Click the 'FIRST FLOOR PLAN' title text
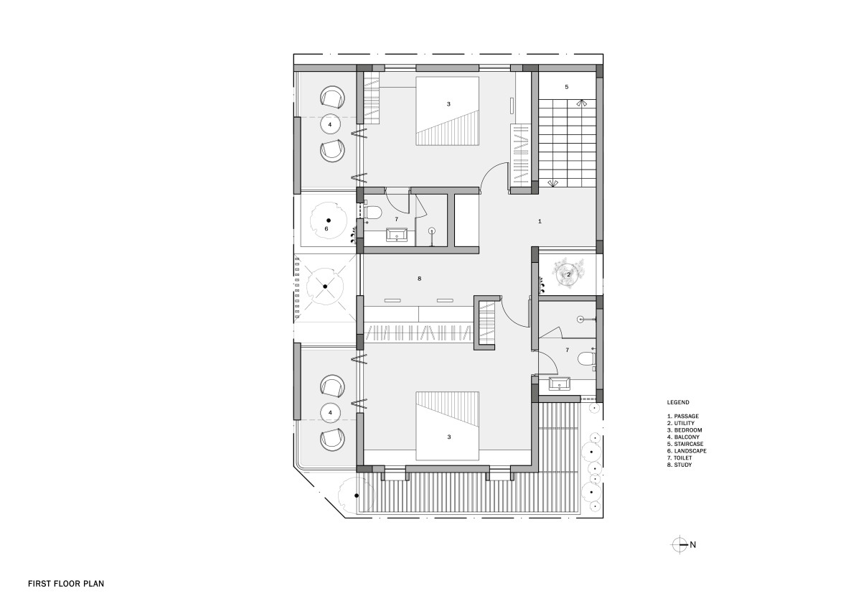(66, 584)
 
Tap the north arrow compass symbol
(679, 544)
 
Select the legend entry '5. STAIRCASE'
(685, 444)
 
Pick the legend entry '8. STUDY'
(679, 465)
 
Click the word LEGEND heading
(678, 402)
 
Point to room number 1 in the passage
(540, 221)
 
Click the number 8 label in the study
(419, 279)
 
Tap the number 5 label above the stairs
(567, 87)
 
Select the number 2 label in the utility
(568, 274)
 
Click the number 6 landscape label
(326, 228)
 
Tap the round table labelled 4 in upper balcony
(330, 124)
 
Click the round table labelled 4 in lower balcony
(330, 413)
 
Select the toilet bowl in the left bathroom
(372, 212)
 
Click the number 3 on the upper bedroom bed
(448, 104)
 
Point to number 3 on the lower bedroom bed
(449, 437)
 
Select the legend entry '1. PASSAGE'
(683, 417)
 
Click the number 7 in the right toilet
(568, 350)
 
